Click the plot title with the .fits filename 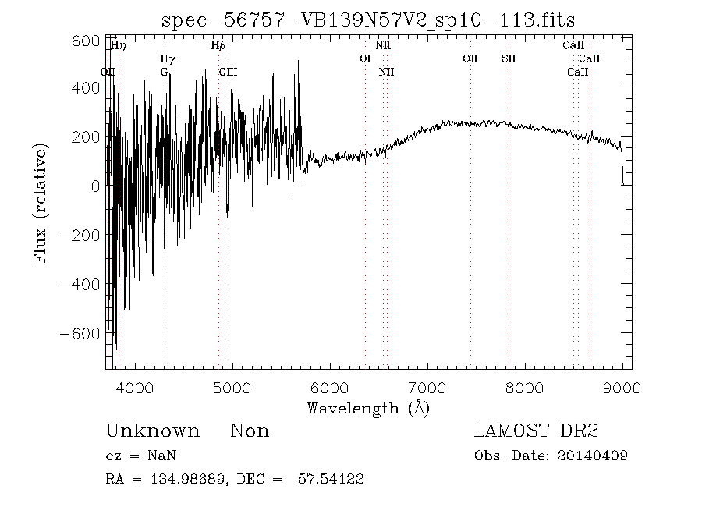pyautogui.click(x=367, y=20)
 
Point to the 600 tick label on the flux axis pyautogui.click(x=85, y=41)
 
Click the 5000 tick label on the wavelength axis pyautogui.click(x=232, y=386)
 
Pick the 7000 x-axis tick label pyautogui.click(x=427, y=386)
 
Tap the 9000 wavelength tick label pyautogui.click(x=622, y=386)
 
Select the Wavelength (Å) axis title pyautogui.click(x=367, y=407)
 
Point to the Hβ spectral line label pyautogui.click(x=218, y=45)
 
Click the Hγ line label pyautogui.click(x=168, y=58)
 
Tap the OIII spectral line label pyautogui.click(x=229, y=72)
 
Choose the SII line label pyautogui.click(x=509, y=58)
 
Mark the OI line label pyautogui.click(x=365, y=58)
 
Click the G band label pyautogui.click(x=164, y=72)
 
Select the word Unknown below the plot pyautogui.click(x=152, y=431)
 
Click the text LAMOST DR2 pyautogui.click(x=536, y=431)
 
